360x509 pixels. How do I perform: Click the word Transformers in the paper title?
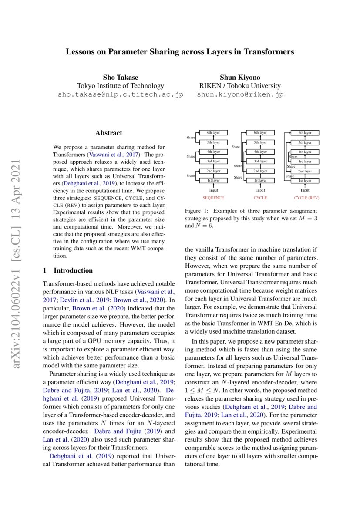coord(269,52)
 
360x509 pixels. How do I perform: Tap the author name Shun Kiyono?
coord(240,78)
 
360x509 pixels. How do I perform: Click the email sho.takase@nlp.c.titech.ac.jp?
coord(121,94)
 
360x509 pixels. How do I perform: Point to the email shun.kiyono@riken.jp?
coord(240,94)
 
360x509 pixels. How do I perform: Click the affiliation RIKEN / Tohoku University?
coord(240,86)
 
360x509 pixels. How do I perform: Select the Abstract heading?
coord(109,133)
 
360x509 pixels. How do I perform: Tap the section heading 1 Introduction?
coord(67,270)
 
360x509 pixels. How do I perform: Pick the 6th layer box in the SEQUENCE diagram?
coord(213,133)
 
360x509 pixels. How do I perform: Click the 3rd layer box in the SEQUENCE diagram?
coord(213,161)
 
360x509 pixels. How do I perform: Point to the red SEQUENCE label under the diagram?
coord(213,198)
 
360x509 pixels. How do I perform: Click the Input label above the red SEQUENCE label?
coord(213,190)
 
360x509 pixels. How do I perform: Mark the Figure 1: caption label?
coord(196,211)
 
